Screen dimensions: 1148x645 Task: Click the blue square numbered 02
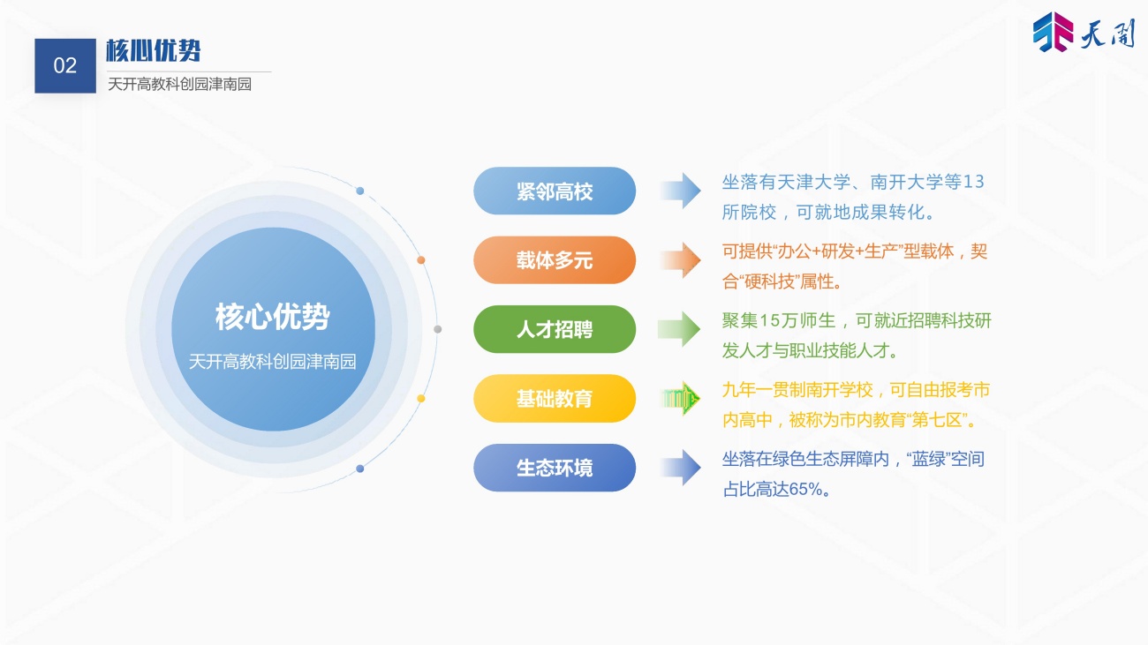(65, 66)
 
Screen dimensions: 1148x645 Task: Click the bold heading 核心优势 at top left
(154, 50)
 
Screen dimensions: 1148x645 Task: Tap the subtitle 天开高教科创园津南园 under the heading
(179, 84)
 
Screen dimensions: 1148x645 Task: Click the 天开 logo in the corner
(1084, 33)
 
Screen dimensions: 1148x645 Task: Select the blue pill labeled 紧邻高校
(555, 191)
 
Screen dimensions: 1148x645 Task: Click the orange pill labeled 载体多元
(555, 260)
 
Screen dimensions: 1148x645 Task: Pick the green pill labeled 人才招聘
(555, 329)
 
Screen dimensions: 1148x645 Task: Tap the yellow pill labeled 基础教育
(555, 398)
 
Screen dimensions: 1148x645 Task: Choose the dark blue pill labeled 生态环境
(555, 468)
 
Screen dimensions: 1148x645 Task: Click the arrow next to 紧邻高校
(681, 191)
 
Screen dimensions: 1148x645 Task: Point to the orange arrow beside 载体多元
(681, 260)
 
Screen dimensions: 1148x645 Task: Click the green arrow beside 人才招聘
(680, 329)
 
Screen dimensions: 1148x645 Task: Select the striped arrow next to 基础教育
(681, 398)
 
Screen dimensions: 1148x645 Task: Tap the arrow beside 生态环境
(681, 468)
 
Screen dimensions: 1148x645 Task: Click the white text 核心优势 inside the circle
(272, 317)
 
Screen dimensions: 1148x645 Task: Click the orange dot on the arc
(420, 260)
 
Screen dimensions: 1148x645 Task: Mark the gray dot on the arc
(438, 329)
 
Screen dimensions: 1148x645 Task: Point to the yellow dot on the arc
(420, 398)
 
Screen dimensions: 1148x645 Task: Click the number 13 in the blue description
(974, 182)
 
